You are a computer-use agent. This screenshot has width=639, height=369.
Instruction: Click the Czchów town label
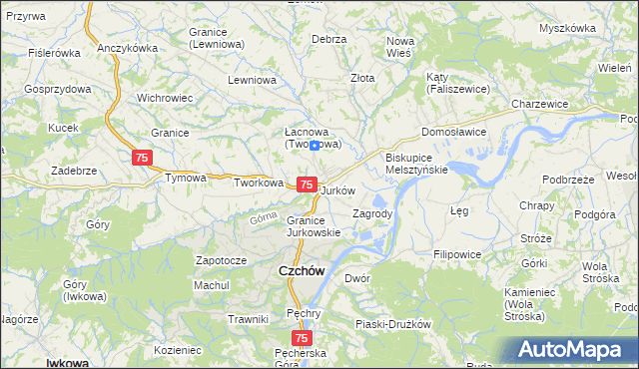(298, 270)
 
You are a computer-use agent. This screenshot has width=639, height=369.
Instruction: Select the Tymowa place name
(186, 179)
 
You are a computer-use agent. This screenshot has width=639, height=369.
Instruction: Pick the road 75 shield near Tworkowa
(308, 185)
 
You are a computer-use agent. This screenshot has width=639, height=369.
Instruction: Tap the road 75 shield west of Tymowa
(142, 159)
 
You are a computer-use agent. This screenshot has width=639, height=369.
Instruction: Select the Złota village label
(362, 78)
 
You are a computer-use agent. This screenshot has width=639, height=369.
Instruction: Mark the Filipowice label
(457, 255)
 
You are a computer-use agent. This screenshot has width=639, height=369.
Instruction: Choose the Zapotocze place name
(221, 260)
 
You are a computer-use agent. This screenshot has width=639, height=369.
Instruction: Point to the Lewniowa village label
(251, 80)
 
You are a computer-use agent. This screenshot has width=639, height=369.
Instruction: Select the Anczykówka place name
(129, 48)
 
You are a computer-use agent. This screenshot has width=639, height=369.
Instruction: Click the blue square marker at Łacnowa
(315, 146)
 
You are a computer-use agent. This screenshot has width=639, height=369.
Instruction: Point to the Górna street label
(264, 216)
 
